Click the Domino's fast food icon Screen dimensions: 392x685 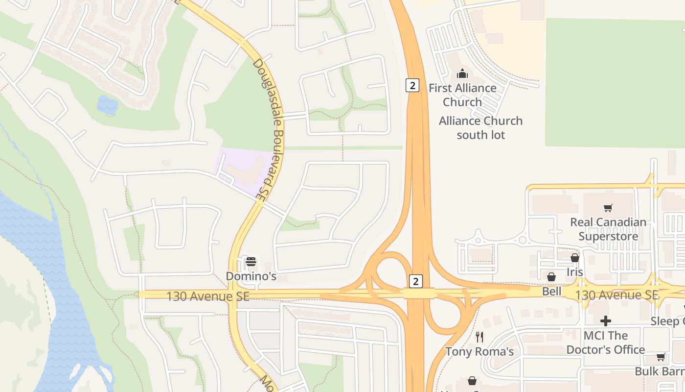(251, 262)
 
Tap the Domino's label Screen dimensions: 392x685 (251, 276)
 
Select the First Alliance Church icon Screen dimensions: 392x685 (462, 74)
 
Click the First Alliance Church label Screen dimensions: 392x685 (462, 95)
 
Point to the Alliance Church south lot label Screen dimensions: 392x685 (480, 127)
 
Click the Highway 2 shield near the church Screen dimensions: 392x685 (412, 85)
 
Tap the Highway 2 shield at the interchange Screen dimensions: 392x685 (415, 281)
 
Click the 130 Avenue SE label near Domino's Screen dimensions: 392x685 (207, 296)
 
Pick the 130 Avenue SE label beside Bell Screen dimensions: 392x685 (616, 295)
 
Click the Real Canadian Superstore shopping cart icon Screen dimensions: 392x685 (608, 208)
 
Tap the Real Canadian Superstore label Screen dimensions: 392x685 (608, 229)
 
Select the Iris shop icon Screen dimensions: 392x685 (575, 258)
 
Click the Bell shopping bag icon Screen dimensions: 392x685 (551, 277)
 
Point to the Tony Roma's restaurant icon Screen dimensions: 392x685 (479, 337)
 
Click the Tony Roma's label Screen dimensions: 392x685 (479, 351)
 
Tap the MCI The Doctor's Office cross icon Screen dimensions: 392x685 (606, 321)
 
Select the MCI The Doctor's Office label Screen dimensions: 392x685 (606, 343)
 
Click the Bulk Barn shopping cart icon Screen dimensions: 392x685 (661, 357)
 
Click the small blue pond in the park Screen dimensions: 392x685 (108, 105)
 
